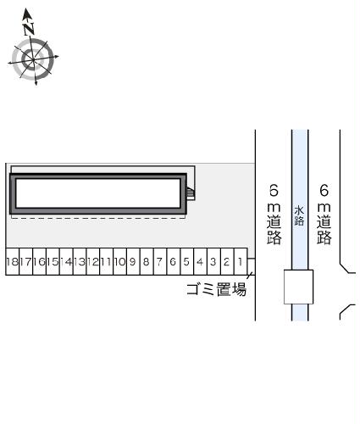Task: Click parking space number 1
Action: click(x=241, y=263)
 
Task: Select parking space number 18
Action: click(x=11, y=263)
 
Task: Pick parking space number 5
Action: click(x=186, y=263)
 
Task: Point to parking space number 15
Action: click(x=53, y=263)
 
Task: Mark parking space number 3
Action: click(x=213, y=263)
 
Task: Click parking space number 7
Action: click(x=159, y=263)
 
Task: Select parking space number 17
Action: click(x=25, y=263)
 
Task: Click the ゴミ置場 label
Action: click(x=216, y=290)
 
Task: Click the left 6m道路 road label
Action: click(x=273, y=213)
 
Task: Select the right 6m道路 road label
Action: click(x=323, y=213)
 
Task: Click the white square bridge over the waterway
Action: click(x=298, y=287)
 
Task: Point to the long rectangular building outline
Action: click(x=98, y=193)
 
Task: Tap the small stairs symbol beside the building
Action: click(x=191, y=194)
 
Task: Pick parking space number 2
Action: click(x=226, y=263)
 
